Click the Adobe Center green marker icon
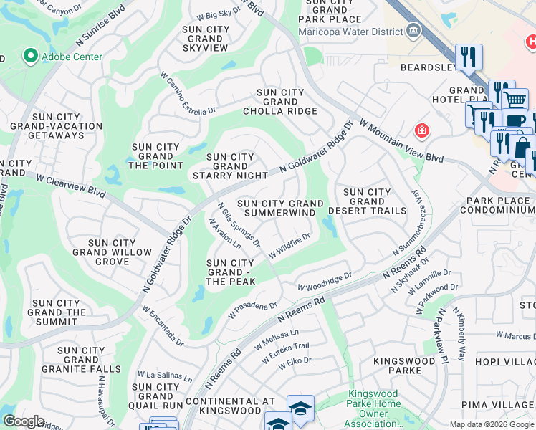(30, 56)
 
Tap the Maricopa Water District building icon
(413, 30)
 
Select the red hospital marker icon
(423, 130)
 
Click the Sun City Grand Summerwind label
(280, 209)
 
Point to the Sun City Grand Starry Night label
(230, 166)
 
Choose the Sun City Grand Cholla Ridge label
(280, 102)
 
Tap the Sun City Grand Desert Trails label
(367, 201)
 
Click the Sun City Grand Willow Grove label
(112, 252)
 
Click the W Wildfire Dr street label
(289, 246)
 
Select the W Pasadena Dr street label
(252, 310)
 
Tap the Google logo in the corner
(24, 421)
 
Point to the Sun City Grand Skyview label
(206, 39)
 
